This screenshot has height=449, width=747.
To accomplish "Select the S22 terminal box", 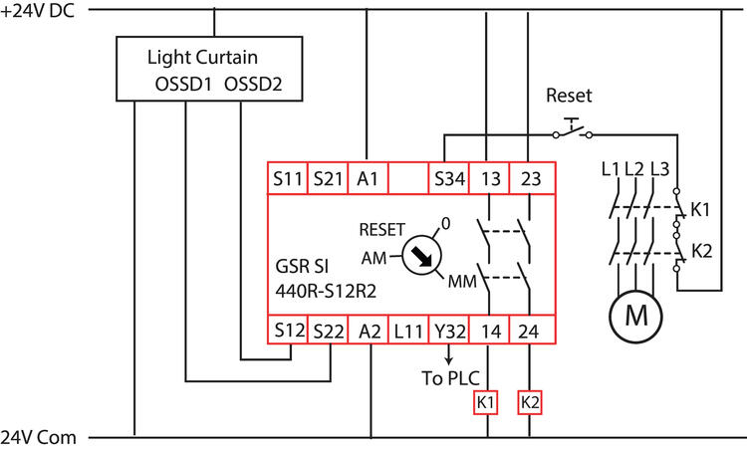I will pos(327,330).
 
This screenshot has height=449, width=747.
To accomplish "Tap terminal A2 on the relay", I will pos(368,330).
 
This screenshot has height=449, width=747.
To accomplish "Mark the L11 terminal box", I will pos(407,330).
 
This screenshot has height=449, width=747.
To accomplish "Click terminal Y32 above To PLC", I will pos(448,330).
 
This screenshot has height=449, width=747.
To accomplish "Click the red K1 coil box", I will pos(486,403).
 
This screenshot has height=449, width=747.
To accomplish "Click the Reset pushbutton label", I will pos(569,97).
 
